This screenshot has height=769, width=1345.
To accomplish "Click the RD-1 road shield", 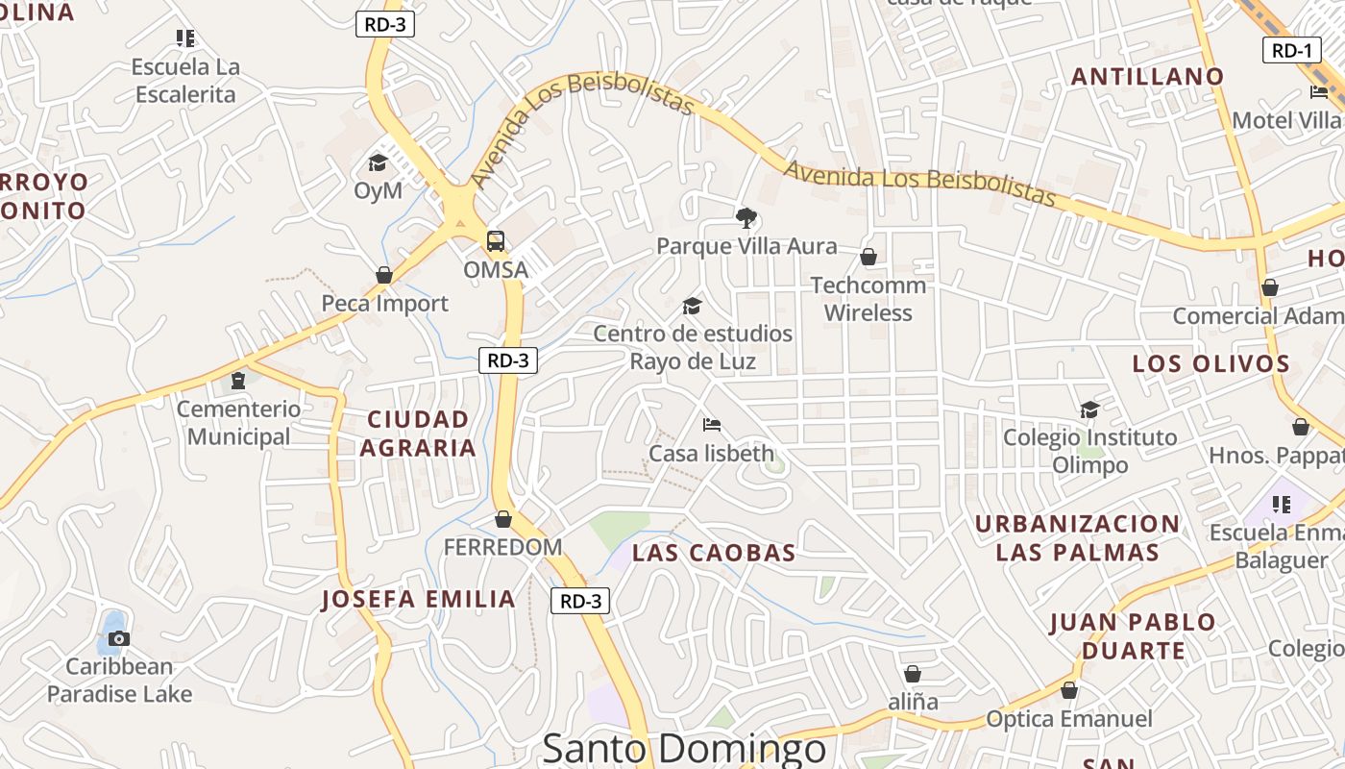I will [x=1290, y=51].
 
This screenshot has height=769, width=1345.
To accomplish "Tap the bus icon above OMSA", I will [x=496, y=241].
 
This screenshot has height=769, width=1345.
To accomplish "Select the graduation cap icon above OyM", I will [x=378, y=162].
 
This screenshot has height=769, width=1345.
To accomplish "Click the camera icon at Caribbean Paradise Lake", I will [x=119, y=638].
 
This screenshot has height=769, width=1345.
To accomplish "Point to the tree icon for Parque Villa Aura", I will [x=746, y=218].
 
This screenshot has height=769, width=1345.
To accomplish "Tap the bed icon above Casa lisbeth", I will [x=712, y=424].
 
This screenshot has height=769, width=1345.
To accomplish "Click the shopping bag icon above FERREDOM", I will [x=503, y=520].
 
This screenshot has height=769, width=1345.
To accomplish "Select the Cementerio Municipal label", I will [x=238, y=423].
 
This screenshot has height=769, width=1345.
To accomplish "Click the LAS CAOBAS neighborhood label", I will [x=714, y=553].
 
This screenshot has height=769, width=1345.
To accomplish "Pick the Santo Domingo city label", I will [x=684, y=748].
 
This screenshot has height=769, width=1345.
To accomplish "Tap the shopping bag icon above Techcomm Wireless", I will [x=868, y=257].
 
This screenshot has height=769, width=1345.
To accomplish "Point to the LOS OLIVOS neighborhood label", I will [x=1210, y=363].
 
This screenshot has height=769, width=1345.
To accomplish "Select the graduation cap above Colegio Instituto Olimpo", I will [x=1089, y=409].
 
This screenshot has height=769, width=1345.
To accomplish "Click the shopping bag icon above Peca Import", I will [x=384, y=275].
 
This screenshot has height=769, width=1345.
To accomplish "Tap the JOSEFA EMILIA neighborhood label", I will [x=419, y=599].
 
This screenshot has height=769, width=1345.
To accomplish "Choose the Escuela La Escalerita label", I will [x=185, y=81].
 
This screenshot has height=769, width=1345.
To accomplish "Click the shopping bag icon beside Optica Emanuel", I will [x=1069, y=690].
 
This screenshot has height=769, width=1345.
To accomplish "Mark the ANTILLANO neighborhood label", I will [x=1147, y=76].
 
